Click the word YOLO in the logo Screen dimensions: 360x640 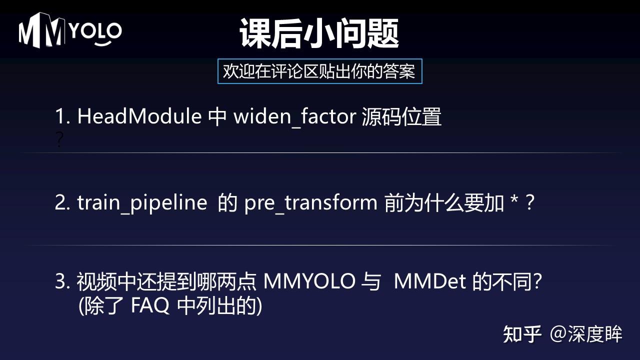point(94,31)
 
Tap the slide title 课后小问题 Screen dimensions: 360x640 point(319,33)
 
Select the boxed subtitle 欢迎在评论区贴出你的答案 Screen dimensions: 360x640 point(319,71)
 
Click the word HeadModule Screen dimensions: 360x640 point(139,117)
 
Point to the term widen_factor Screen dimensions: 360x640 point(294,117)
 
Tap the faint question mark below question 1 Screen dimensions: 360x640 point(59,140)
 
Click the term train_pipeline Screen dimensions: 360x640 point(142,203)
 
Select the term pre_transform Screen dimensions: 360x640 point(310,203)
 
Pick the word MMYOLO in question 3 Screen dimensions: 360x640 point(309,281)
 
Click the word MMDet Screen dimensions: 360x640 point(430,281)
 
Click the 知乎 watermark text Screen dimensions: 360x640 point(522,334)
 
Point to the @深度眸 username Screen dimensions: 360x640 point(586,334)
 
